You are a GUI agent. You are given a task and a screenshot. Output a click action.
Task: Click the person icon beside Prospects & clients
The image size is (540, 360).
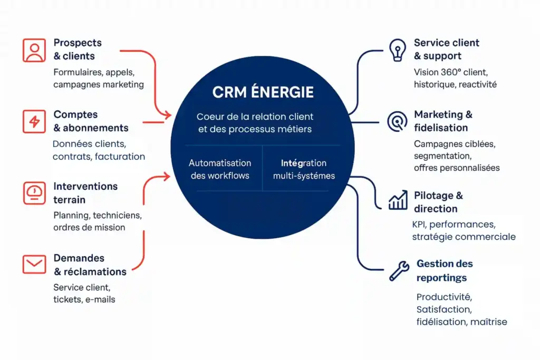[34, 50]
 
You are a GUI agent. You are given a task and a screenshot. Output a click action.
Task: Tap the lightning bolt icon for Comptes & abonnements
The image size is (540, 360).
[34, 122]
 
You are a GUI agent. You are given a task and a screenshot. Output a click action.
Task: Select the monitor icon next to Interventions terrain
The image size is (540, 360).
[34, 193]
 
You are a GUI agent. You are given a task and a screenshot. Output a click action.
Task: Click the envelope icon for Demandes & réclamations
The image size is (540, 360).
[34, 264]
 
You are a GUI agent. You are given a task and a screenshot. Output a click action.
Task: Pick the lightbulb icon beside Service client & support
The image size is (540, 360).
[397, 50]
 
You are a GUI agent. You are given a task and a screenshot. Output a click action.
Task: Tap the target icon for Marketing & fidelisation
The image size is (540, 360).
[397, 121]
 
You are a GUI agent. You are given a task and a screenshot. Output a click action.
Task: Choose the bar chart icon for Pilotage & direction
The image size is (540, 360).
[398, 200]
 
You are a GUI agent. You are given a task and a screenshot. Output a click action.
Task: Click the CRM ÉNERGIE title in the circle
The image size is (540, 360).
[263, 93]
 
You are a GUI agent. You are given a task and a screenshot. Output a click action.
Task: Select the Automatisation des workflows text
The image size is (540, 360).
[220, 169]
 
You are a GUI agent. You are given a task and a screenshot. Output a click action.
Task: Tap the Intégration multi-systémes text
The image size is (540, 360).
[303, 169]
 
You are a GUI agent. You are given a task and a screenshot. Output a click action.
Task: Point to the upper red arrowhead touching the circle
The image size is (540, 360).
[168, 114]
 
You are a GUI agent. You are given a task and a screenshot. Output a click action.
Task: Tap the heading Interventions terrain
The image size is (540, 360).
[85, 193]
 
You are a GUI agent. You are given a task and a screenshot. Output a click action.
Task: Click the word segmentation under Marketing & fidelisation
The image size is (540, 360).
[442, 155]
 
